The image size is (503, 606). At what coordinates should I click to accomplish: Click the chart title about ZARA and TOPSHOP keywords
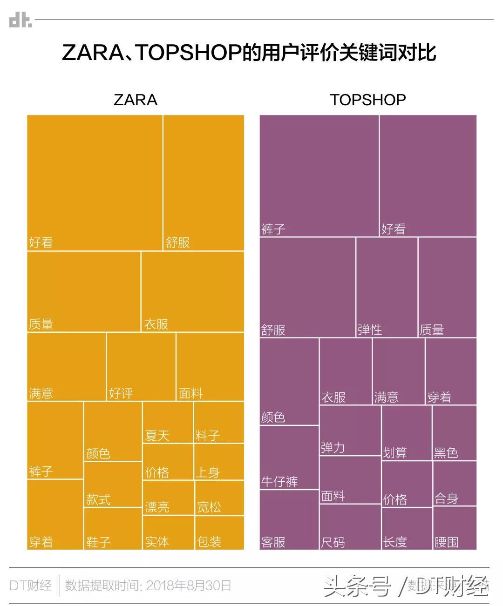click(249, 53)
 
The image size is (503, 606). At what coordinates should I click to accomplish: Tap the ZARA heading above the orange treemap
click(136, 100)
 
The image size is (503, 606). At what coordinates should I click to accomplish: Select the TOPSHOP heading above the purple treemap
click(368, 100)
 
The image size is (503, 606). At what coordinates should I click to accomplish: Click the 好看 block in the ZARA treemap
click(95, 183)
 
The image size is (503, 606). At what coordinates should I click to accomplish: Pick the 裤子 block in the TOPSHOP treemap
click(319, 176)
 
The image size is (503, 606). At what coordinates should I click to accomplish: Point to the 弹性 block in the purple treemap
click(387, 287)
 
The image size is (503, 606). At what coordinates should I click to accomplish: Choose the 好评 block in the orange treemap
click(141, 366)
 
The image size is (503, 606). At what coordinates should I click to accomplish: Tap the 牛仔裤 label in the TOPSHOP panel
click(279, 481)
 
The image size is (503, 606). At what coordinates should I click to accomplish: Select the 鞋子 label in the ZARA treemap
click(98, 542)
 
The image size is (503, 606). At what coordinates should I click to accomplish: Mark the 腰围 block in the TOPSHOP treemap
click(454, 528)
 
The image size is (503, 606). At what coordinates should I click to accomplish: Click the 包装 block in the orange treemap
click(219, 532)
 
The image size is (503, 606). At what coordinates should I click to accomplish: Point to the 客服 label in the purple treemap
click(273, 542)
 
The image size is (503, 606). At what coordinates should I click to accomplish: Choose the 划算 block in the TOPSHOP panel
click(407, 433)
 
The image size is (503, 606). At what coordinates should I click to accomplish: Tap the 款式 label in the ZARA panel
click(98, 499)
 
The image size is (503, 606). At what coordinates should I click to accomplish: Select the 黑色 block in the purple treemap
click(454, 433)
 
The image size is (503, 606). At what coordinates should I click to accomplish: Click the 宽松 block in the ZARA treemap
click(219, 498)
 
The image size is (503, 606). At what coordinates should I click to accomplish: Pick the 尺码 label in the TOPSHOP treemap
click(333, 542)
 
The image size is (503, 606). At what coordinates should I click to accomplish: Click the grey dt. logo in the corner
click(20, 20)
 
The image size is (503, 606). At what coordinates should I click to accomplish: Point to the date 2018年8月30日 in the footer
click(189, 585)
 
